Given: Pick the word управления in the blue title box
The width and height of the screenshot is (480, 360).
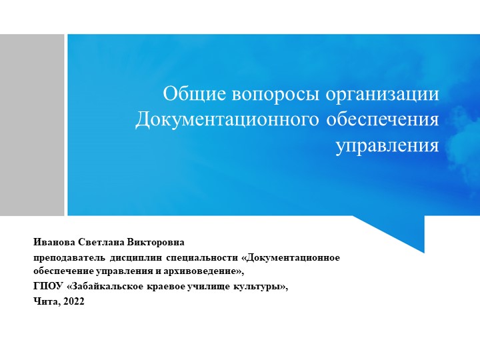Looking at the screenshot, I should point(387,145).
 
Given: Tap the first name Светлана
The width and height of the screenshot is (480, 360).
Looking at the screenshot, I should point(105,242).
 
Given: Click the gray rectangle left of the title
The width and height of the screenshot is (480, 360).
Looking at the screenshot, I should point(32,125).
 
